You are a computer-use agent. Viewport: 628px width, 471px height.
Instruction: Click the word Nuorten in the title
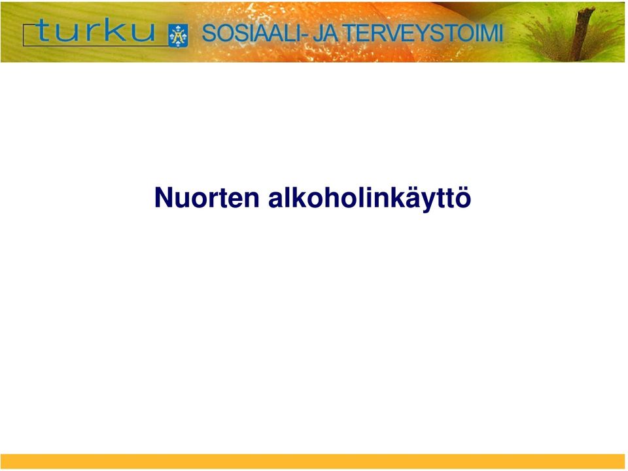[x=207, y=198]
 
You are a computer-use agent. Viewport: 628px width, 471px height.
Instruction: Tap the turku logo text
[x=95, y=30]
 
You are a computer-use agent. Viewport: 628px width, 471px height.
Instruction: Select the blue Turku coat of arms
[x=178, y=35]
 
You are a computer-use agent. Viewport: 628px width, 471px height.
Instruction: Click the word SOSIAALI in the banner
[x=251, y=33]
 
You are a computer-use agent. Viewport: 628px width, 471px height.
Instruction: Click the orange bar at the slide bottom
[x=313, y=461]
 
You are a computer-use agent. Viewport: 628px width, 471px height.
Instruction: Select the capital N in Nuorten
[x=163, y=198]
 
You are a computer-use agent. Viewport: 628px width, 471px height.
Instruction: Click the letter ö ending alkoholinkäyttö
[x=463, y=198]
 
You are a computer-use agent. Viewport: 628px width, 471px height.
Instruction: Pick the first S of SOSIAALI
[x=209, y=33]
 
